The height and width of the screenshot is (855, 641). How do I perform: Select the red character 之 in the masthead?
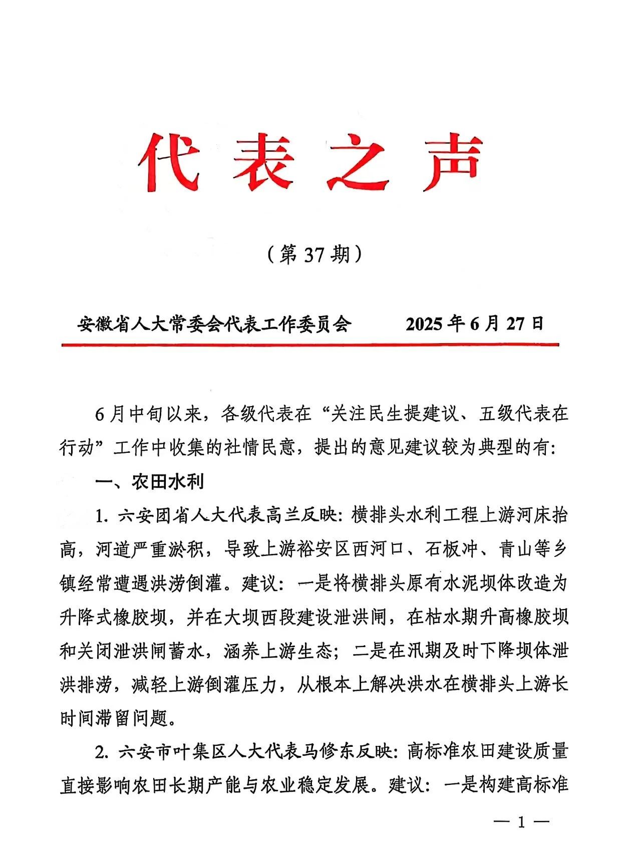click(x=359, y=160)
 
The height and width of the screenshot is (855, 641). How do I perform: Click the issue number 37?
click(x=314, y=255)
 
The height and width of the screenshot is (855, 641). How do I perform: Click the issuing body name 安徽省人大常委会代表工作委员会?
click(x=214, y=324)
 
